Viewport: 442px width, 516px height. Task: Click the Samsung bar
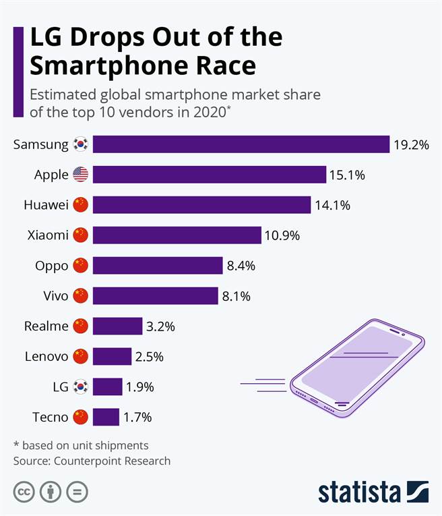241,144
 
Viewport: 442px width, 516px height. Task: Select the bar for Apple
210,175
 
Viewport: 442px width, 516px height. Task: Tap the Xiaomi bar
177,235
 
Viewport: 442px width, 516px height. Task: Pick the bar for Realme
117,326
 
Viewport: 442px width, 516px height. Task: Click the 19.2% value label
410,144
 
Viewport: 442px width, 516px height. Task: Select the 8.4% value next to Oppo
241,266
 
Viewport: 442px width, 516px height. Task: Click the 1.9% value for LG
139,386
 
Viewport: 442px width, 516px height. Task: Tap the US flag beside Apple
80,175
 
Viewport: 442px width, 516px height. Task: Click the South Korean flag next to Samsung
80,144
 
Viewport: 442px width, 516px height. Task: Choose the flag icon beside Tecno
80,417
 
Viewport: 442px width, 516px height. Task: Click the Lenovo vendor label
46,356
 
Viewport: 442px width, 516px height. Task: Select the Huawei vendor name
45,205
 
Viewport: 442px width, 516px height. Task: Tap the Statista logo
373,492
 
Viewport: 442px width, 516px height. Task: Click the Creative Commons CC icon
24,492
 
